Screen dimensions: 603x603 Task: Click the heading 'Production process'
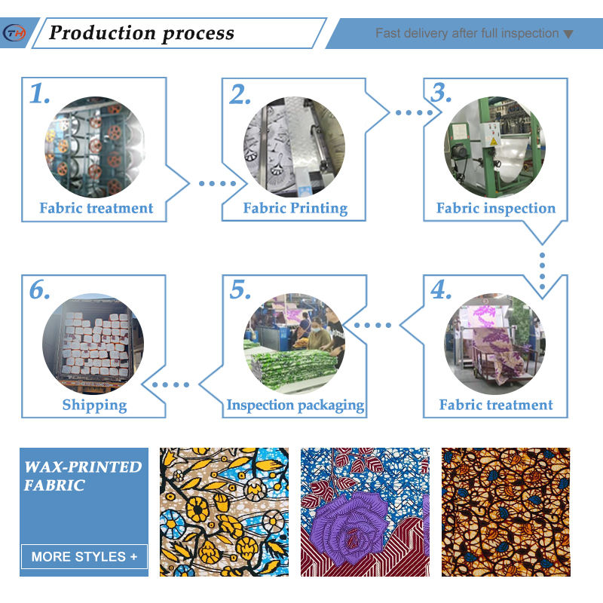click(x=142, y=33)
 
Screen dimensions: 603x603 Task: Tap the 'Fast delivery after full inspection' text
click(x=467, y=33)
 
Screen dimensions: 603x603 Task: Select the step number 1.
click(x=40, y=94)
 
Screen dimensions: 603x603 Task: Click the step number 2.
click(x=240, y=94)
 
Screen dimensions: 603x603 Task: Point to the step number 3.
click(x=441, y=93)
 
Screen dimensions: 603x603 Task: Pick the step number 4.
click(x=441, y=290)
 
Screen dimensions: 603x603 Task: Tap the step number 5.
click(x=240, y=290)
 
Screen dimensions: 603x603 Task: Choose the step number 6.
click(x=40, y=290)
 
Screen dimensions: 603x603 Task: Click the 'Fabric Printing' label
click(x=295, y=208)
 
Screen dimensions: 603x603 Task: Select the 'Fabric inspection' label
click(x=495, y=208)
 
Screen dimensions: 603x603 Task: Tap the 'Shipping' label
click(x=94, y=405)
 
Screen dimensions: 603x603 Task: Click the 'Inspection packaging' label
click(x=295, y=405)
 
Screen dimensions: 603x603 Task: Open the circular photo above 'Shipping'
click(x=93, y=343)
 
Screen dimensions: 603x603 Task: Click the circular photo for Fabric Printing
click(x=294, y=147)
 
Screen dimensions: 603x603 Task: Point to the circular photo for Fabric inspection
click(x=494, y=147)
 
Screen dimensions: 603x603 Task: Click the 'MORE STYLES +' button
click(x=84, y=557)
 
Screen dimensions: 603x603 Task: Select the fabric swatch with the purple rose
click(x=365, y=513)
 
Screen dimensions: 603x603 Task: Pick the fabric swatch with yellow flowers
click(x=224, y=513)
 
